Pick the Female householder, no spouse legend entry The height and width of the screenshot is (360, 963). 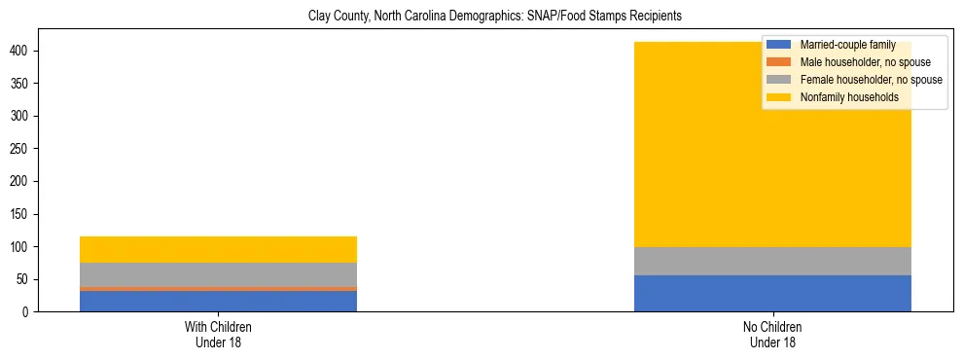tap(871, 80)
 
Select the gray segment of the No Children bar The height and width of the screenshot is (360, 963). tap(772, 261)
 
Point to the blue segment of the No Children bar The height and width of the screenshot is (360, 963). tap(772, 293)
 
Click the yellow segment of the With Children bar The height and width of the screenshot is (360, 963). tap(218, 249)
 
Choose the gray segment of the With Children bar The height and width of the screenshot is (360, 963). tap(218, 274)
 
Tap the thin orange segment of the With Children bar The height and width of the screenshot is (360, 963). tap(218, 289)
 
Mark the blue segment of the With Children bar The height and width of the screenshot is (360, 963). tap(218, 302)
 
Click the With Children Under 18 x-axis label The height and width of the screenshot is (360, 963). tap(218, 335)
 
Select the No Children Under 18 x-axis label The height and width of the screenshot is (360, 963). tap(772, 335)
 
